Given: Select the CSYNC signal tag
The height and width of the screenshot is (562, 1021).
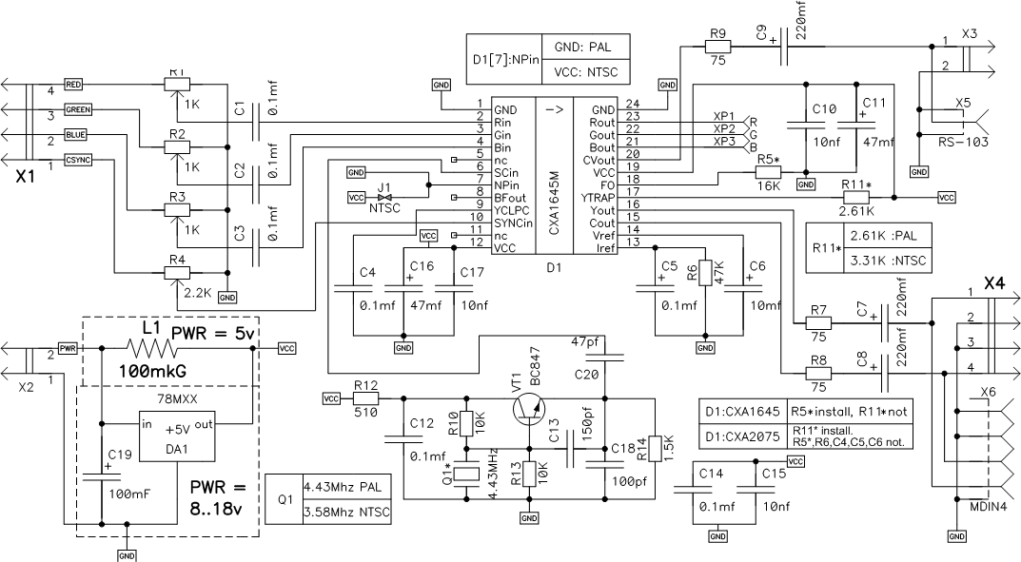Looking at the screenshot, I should click(77, 160).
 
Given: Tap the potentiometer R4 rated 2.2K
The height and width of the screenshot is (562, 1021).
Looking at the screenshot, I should click(175, 272).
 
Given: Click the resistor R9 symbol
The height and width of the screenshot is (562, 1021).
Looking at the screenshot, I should click(717, 45).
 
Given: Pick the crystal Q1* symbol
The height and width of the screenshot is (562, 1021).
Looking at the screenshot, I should click(466, 474).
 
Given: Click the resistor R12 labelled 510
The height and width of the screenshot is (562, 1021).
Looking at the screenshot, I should click(365, 398).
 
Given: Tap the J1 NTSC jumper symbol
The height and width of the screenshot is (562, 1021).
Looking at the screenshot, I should click(385, 197).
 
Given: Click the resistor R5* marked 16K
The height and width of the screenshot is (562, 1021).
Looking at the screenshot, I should click(768, 172).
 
